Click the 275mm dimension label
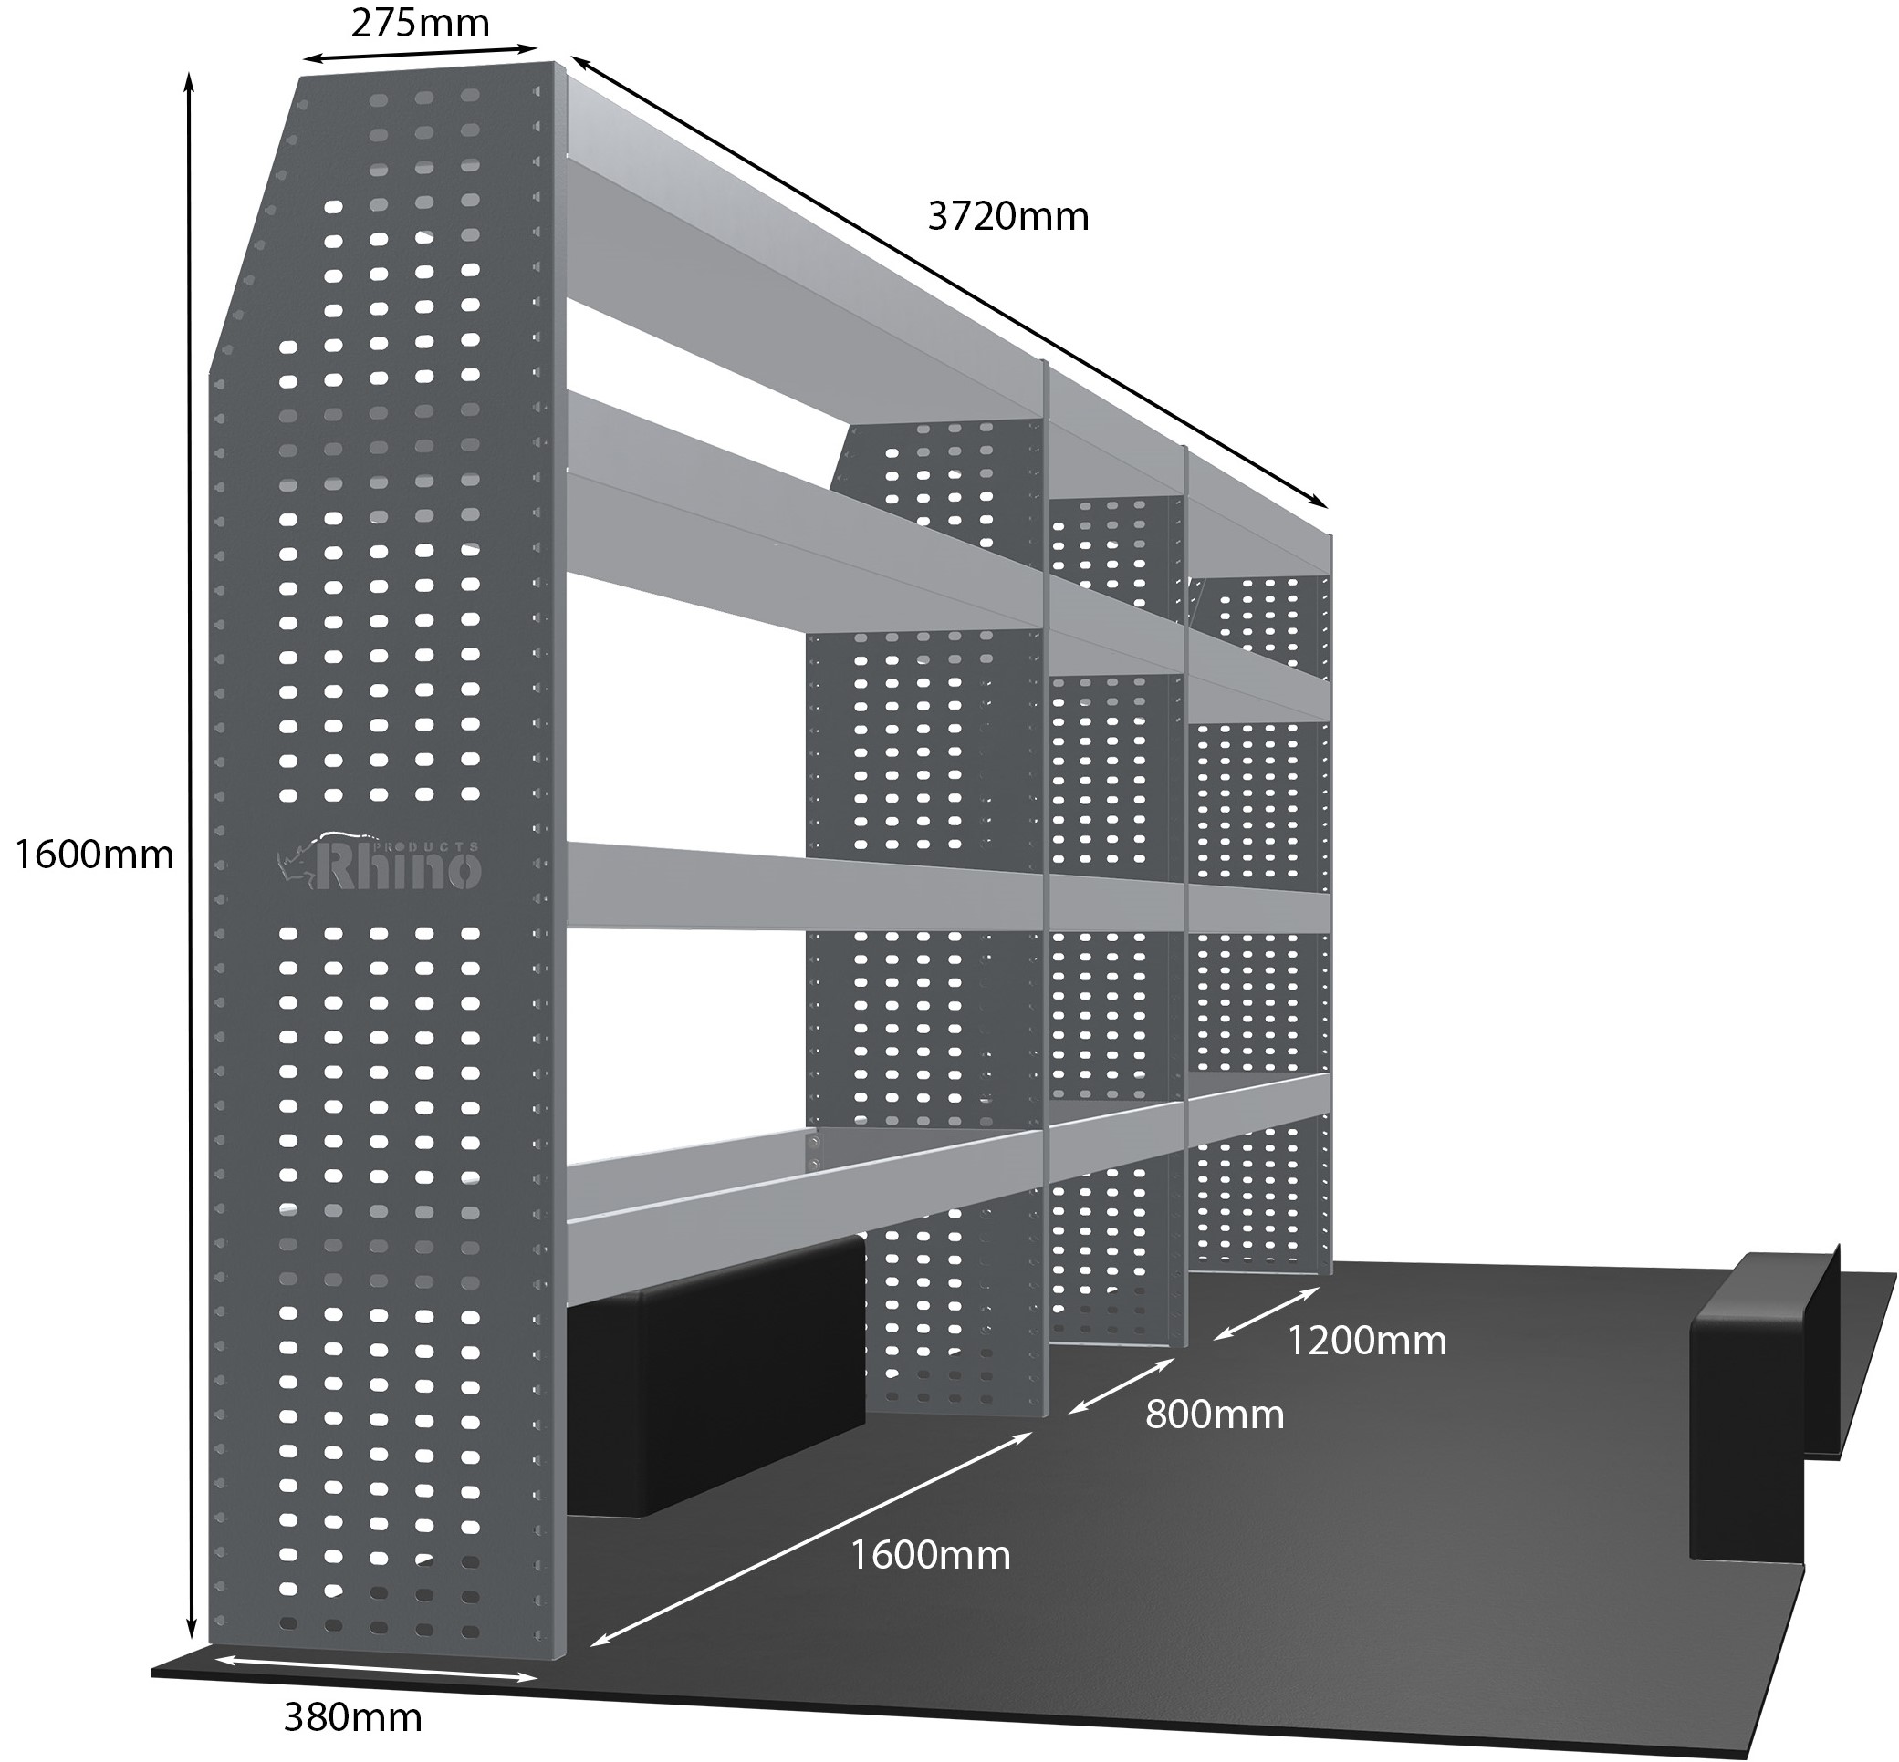420,23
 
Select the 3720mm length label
1007,217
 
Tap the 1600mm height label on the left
94,855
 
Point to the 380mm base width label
353,1718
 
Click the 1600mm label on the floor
929,1555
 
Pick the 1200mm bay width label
1366,1341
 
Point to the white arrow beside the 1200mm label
1267,1314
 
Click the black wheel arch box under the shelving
715,1373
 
